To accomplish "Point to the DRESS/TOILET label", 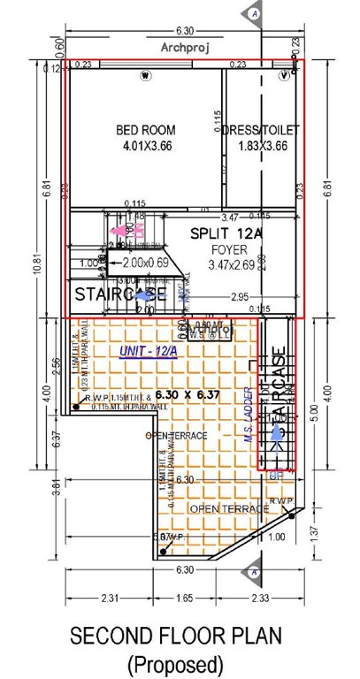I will [261, 130].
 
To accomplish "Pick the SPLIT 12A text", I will [227, 233].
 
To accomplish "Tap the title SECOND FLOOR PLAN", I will [180, 636].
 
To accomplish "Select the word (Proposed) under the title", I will [180, 661].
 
